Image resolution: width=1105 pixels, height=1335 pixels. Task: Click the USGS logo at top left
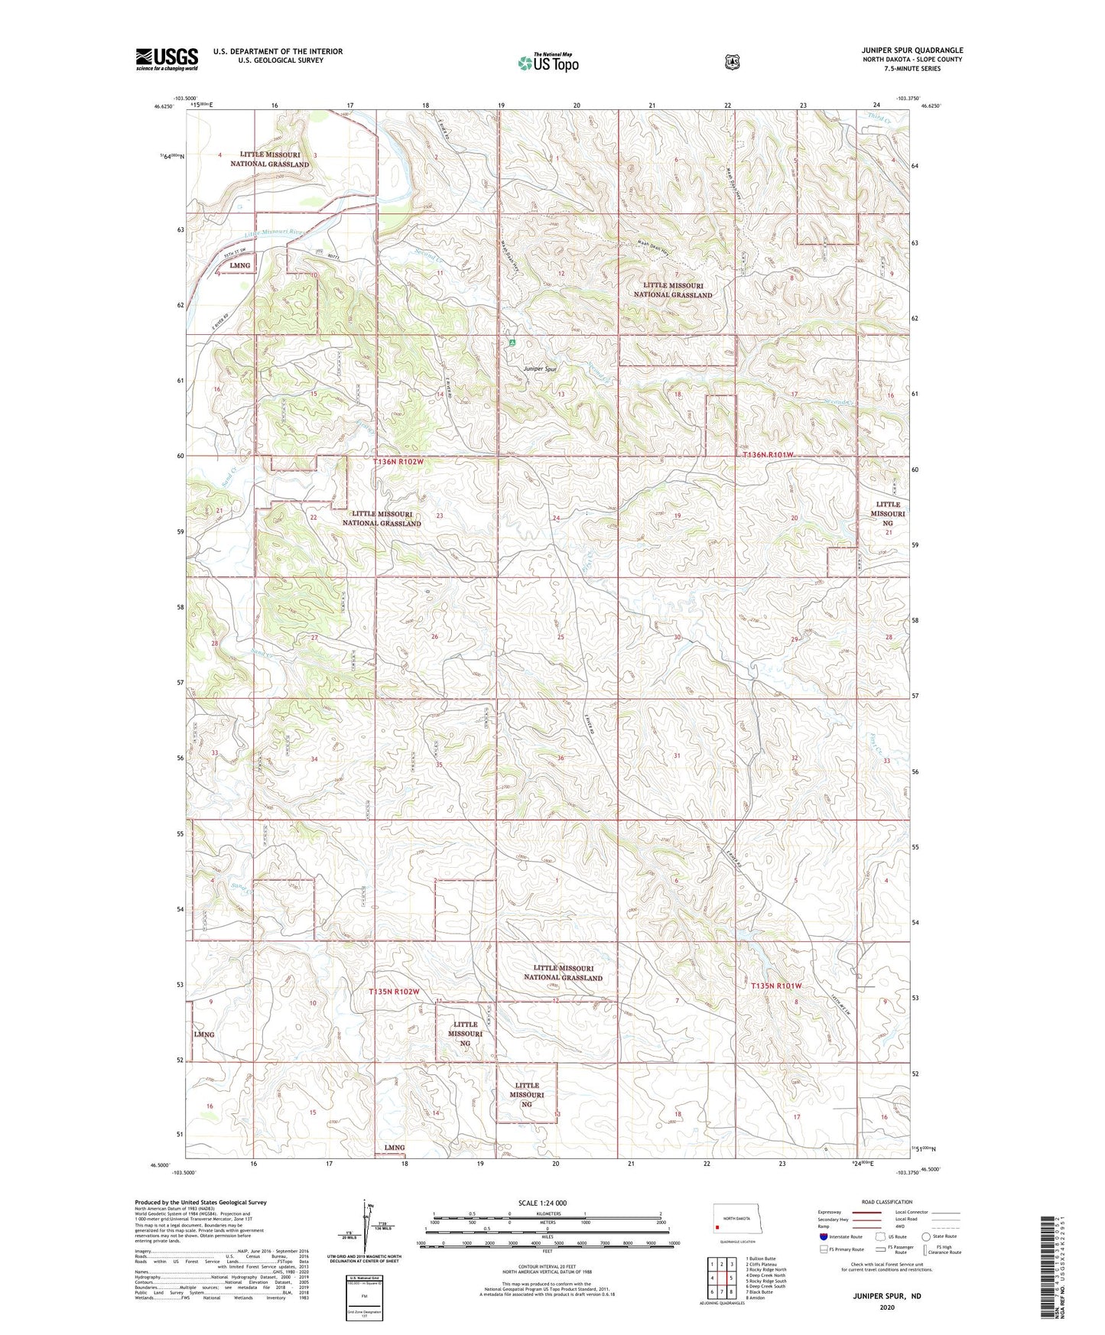[x=167, y=59]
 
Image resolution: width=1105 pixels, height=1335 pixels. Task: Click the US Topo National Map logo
[x=548, y=62]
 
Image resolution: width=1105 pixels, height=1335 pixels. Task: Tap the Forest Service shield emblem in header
[x=732, y=62]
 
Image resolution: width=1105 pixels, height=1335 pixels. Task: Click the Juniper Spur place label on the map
[x=540, y=369]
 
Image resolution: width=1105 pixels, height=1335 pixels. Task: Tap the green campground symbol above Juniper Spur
[x=511, y=343]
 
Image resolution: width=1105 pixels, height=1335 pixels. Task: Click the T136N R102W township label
[x=398, y=462]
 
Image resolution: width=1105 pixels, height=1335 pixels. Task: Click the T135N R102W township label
[x=394, y=992]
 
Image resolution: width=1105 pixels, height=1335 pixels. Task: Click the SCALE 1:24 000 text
[x=542, y=1203]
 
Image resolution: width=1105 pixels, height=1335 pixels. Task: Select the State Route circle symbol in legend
[x=925, y=1236]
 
